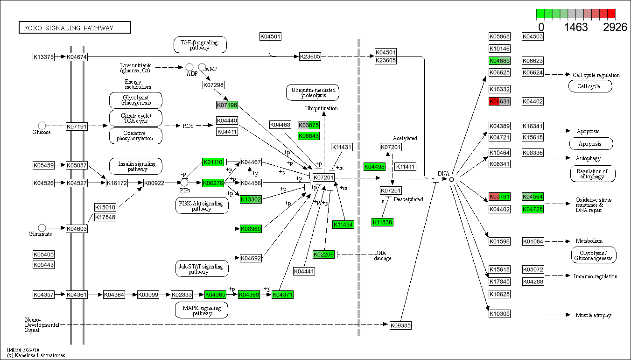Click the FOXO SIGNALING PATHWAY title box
pos(74,28)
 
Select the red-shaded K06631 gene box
pos(499,101)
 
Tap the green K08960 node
pos(251,229)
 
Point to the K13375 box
pos(43,57)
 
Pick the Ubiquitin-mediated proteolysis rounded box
pos(312,92)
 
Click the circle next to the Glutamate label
pos(42,228)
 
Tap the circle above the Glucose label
pos(42,125)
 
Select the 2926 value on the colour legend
pos(615,27)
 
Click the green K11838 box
pos(383,222)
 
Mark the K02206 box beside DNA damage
pos(323,254)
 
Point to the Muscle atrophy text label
pos(593,315)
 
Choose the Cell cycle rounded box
pos(590,86)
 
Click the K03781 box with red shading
pos(499,197)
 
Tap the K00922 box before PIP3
pos(154,183)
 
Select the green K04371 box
pos(283,295)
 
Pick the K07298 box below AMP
pos(213,85)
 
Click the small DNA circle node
pos(451,179)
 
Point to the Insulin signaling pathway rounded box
pos(135,166)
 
